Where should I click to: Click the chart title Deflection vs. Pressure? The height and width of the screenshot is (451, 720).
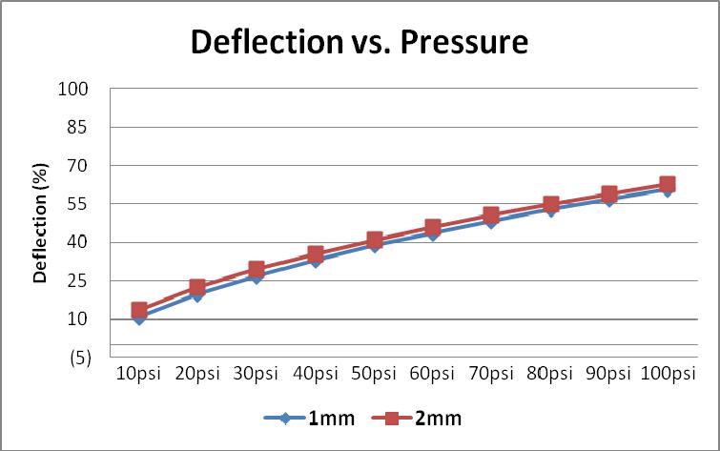click(360, 43)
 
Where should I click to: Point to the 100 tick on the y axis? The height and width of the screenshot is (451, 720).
click(74, 89)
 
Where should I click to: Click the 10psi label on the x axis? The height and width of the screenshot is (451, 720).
click(139, 373)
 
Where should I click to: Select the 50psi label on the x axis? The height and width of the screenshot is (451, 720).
click(374, 373)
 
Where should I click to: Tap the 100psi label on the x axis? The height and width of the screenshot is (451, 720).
click(668, 373)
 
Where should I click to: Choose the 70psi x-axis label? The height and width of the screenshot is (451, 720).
click(491, 373)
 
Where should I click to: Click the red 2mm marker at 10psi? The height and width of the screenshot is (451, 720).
click(139, 310)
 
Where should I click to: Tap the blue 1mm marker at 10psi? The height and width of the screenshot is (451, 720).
click(139, 318)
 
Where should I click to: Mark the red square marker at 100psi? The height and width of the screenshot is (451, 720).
click(668, 184)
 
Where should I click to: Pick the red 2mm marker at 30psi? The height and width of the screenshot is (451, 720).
click(257, 270)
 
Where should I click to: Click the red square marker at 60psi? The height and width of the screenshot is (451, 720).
click(433, 228)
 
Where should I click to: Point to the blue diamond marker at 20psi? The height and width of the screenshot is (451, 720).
click(197, 295)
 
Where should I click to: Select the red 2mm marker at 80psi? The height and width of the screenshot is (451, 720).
click(550, 204)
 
